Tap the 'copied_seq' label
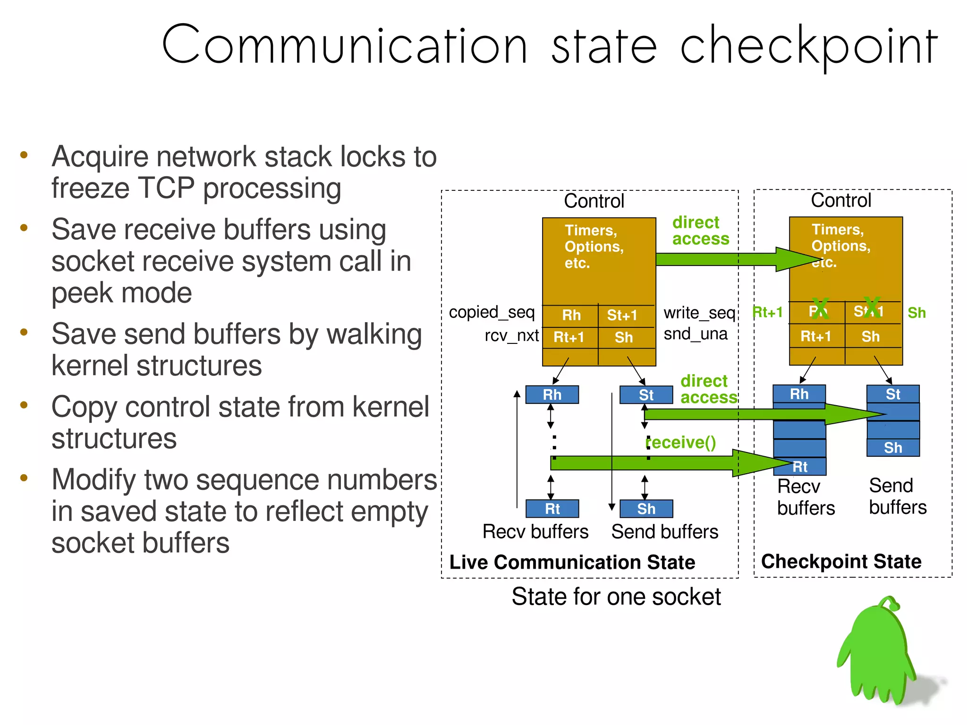492,313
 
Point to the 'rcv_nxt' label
511,335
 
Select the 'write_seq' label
699,313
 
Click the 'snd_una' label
695,334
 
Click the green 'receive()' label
681,443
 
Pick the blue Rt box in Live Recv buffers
552,509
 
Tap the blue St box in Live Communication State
646,395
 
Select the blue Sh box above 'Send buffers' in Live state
646,509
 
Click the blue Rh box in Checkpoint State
799,394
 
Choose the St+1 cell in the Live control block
622,315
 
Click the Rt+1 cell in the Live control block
569,337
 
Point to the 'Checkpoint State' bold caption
841,562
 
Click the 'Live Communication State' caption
572,563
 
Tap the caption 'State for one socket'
616,597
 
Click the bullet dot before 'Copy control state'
24,405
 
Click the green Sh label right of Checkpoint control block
916,313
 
